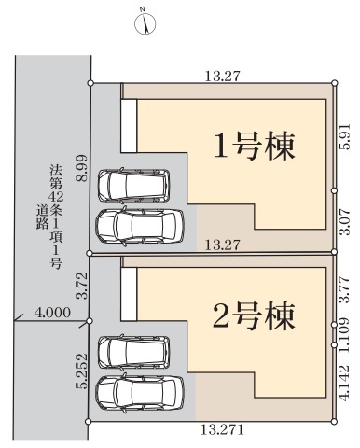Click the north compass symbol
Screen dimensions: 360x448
click(x=145, y=22)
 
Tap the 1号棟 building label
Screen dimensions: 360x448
click(x=254, y=147)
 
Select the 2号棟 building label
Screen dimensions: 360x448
click(x=254, y=316)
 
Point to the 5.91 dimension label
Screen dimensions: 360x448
click(x=344, y=136)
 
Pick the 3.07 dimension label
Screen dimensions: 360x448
click(x=344, y=222)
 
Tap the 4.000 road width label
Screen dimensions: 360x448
click(x=52, y=313)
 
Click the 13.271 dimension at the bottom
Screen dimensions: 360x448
click(x=222, y=430)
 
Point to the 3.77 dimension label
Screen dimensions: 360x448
click(x=344, y=289)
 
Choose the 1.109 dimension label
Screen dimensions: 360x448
click(x=344, y=335)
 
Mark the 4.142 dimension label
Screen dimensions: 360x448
click(x=344, y=384)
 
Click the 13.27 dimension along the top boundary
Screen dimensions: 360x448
click(x=223, y=77)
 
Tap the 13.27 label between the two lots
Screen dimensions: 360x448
click(x=223, y=245)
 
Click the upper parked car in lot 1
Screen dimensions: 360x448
click(x=133, y=186)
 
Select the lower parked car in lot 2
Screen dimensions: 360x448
click(x=140, y=393)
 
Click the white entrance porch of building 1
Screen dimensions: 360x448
click(x=129, y=126)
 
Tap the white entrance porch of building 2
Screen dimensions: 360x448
click(x=129, y=294)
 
